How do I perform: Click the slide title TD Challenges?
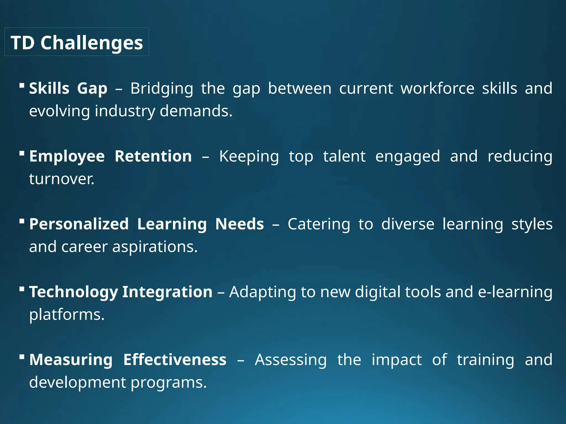[x=77, y=43]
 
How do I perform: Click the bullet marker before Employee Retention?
[x=22, y=153]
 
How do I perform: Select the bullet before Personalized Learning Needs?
[x=22, y=221]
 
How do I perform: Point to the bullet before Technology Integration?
[x=22, y=289]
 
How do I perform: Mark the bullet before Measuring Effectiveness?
[x=22, y=356]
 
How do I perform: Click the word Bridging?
[x=162, y=89]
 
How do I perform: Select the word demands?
[x=196, y=111]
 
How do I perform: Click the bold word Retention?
[x=153, y=156]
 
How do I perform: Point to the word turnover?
[x=62, y=179]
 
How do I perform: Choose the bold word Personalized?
[x=79, y=224]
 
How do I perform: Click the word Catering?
[x=319, y=224]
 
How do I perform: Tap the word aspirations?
[x=155, y=247]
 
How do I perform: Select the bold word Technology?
[x=74, y=292]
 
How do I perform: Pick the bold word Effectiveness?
[x=175, y=360]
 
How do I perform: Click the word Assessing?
[x=291, y=360]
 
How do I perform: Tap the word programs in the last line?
[x=168, y=383]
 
